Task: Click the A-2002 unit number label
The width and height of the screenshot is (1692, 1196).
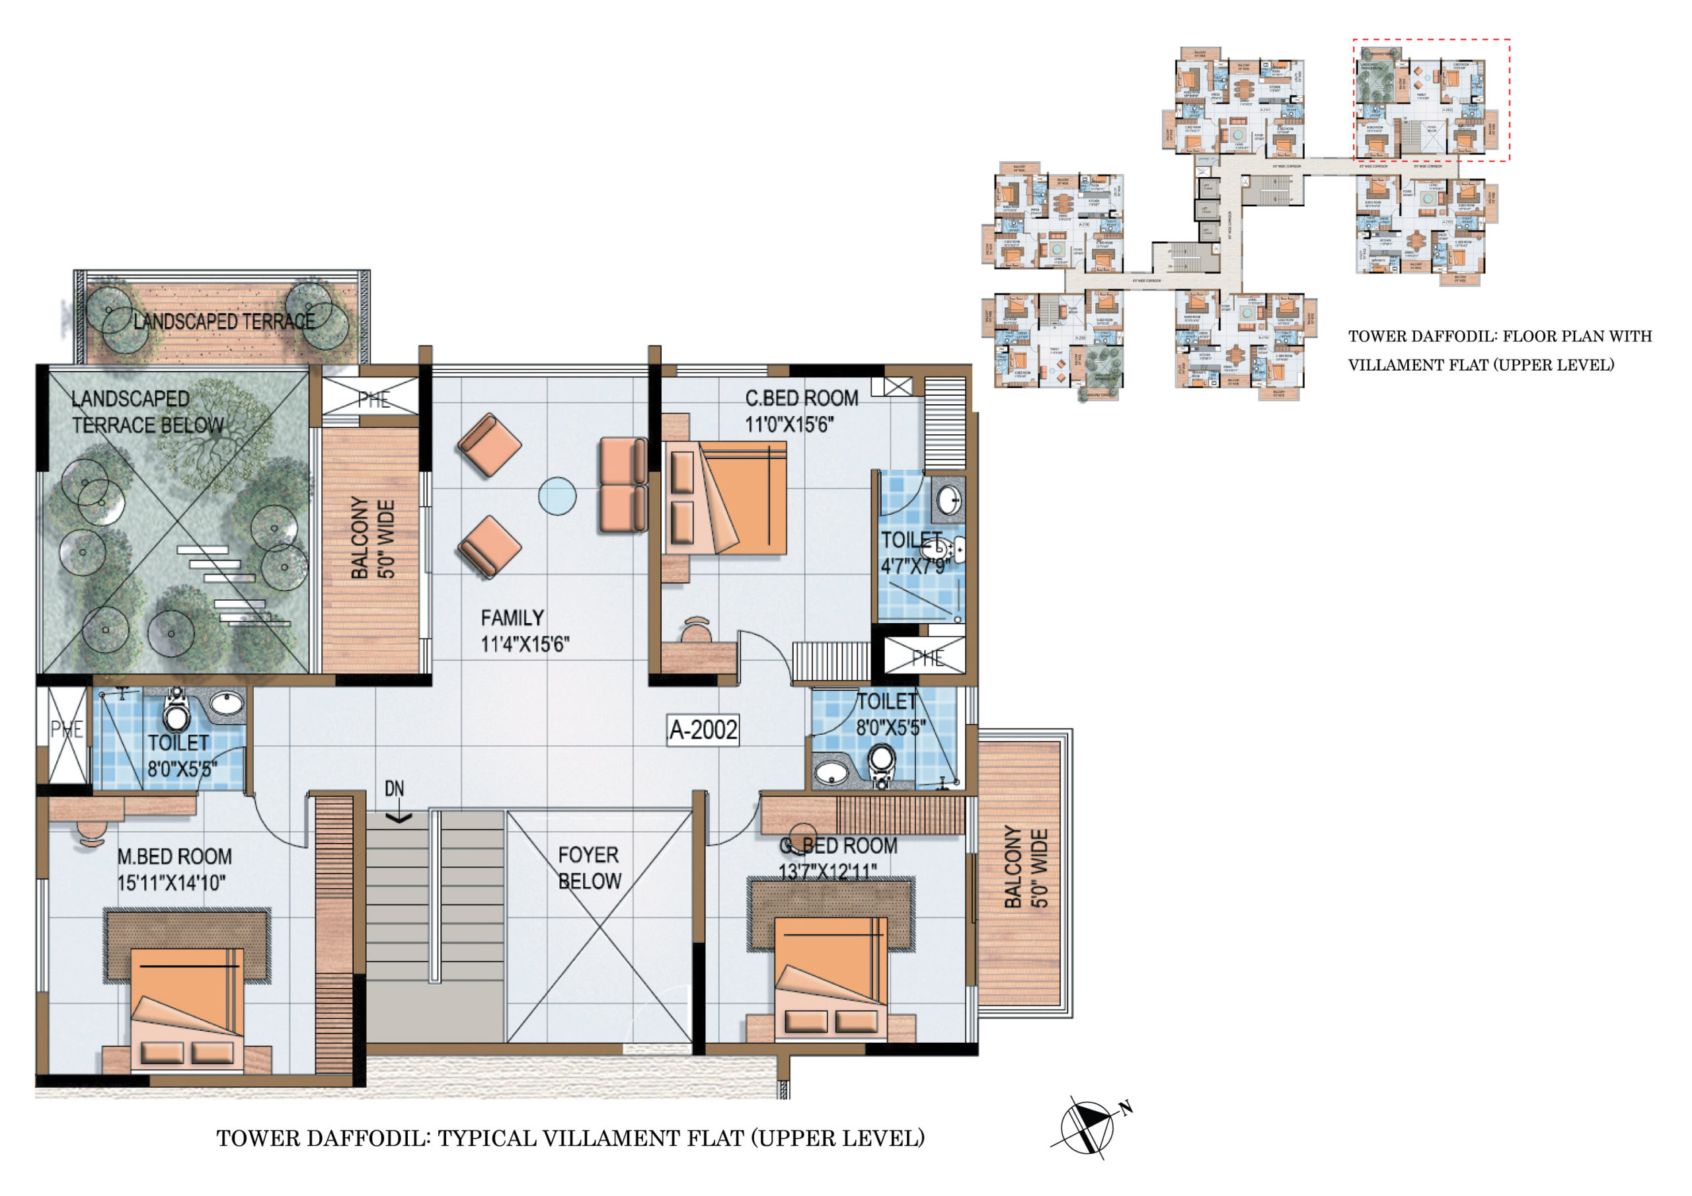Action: pos(703,729)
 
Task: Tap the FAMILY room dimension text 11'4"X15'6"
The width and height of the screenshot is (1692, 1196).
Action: pos(525,645)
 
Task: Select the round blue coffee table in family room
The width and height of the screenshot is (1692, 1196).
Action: pos(557,496)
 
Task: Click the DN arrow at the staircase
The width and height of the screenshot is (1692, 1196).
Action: pos(398,817)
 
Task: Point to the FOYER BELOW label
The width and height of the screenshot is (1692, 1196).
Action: pos(589,868)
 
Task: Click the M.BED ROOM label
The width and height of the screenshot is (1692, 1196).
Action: pos(174,856)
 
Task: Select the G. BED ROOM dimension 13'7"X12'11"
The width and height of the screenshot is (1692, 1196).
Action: pos(827,872)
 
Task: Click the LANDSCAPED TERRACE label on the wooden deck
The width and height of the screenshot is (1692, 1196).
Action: pos(224,321)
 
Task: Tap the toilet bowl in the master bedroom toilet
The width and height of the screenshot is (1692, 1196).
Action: pos(175,712)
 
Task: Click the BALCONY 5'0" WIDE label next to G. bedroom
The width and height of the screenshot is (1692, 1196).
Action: pos(1025,868)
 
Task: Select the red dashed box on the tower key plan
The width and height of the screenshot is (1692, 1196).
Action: pos(1431,100)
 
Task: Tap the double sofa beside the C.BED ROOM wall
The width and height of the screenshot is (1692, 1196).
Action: pos(623,484)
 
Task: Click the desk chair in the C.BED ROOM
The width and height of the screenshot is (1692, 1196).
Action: pos(697,632)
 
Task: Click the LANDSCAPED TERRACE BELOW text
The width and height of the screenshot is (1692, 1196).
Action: pos(147,412)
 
